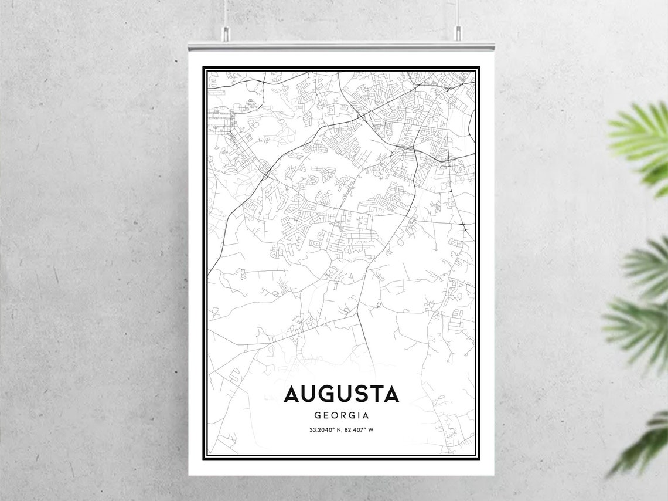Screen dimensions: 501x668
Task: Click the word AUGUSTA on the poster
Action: (x=341, y=394)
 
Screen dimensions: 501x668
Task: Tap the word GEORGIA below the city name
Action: (x=341, y=415)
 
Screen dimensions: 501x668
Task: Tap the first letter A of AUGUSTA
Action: (x=292, y=394)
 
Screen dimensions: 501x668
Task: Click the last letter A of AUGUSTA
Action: (x=391, y=394)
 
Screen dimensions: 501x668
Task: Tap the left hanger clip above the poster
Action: (x=224, y=35)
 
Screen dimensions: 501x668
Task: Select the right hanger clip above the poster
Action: (x=458, y=35)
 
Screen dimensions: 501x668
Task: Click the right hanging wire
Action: (x=458, y=12)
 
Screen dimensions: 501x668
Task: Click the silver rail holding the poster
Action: (x=341, y=45)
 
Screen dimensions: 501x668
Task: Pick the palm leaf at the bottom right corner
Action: (x=645, y=446)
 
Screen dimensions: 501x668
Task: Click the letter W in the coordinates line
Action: (x=371, y=430)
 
